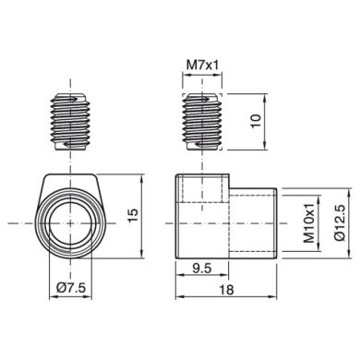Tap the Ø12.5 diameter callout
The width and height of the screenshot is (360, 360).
[340, 222]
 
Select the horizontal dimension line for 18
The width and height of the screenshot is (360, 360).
[227, 298]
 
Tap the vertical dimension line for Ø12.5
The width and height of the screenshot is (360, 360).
[327, 222]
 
